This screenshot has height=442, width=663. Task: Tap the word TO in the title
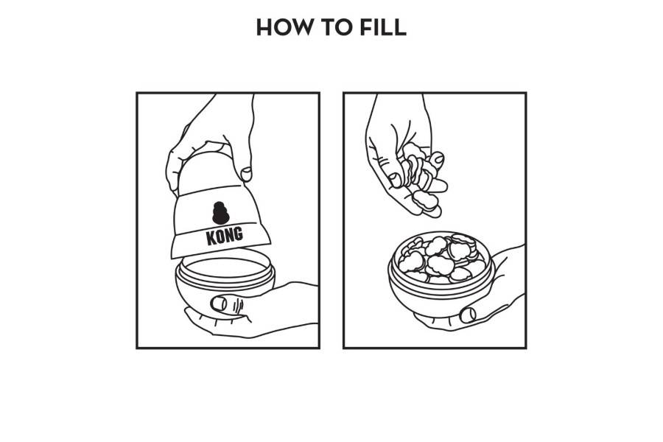[337, 27]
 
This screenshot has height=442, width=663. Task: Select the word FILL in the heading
[383, 27]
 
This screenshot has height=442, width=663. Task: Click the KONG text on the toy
[225, 236]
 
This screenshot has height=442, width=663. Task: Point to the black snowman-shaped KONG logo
[220, 213]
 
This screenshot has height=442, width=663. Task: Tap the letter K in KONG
[211, 238]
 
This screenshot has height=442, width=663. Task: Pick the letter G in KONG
[239, 234]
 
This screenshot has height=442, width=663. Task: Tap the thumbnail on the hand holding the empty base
[218, 304]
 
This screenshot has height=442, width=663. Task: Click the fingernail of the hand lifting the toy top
[245, 173]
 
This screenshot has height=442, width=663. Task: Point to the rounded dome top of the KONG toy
[207, 172]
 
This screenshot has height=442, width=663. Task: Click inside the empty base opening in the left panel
[225, 268]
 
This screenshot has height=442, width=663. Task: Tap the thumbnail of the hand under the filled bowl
[468, 315]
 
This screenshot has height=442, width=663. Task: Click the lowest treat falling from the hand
[425, 200]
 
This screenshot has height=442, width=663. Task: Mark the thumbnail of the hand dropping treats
[395, 180]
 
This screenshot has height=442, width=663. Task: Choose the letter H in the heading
[264, 27]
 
